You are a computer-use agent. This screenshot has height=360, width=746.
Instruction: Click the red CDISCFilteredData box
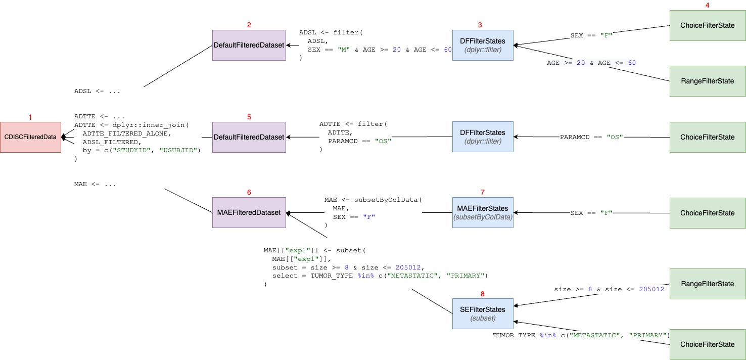click(31, 137)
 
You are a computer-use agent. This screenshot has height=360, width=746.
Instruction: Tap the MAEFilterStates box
click(483, 213)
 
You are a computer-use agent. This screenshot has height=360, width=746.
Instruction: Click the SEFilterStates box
click(483, 314)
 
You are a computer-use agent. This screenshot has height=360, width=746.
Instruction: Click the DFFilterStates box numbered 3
click(483, 46)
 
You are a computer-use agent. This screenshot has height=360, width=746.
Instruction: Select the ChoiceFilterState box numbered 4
click(707, 25)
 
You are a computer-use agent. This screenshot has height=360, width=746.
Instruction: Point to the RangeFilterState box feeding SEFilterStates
click(707, 284)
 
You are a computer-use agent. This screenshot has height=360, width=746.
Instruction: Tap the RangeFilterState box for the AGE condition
click(707, 81)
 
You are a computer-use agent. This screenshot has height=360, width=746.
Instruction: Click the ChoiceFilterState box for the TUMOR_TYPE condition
click(707, 344)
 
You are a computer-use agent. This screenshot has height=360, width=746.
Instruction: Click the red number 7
click(482, 192)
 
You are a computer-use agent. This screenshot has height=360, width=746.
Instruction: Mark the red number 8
click(482, 293)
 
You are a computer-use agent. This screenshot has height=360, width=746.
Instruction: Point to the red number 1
click(30, 117)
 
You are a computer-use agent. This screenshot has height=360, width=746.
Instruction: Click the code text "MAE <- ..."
click(95, 185)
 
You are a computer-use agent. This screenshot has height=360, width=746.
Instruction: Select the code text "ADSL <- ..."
click(97, 92)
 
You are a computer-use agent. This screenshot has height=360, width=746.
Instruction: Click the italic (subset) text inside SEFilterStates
click(483, 319)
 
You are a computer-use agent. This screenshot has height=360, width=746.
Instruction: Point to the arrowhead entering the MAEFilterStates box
click(516, 213)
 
